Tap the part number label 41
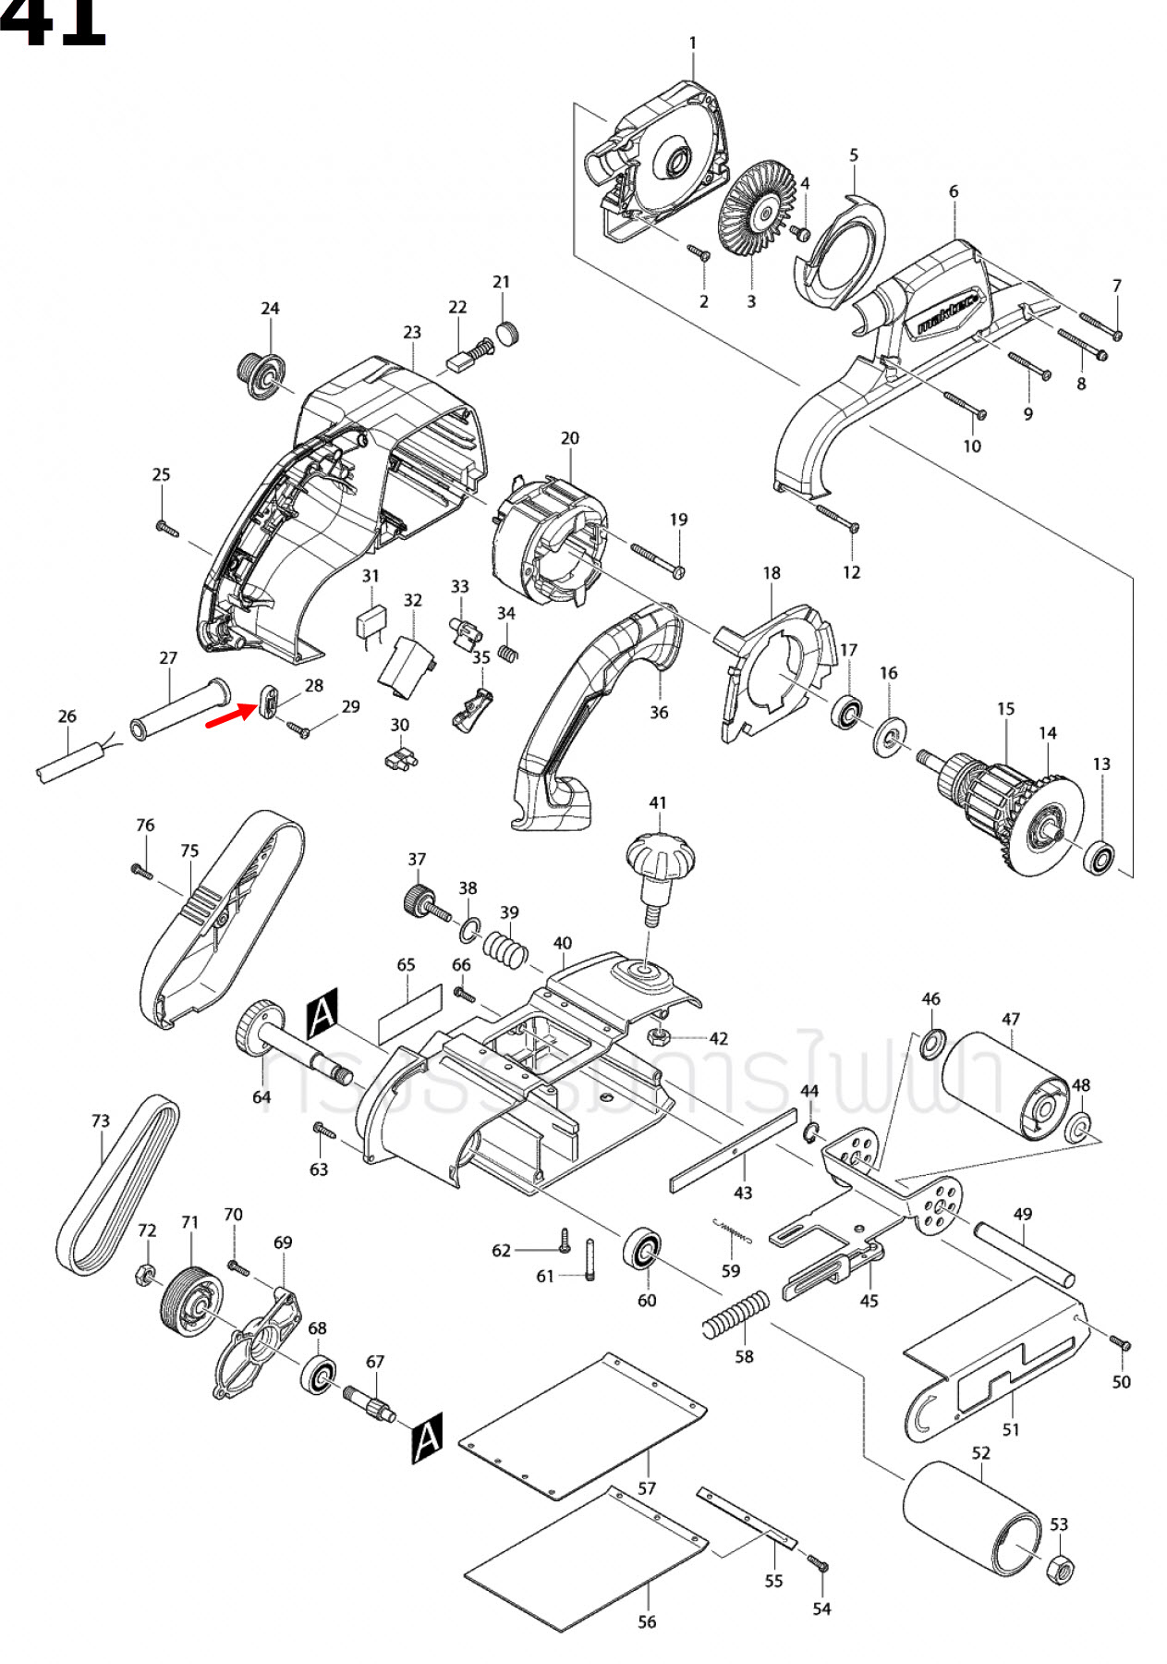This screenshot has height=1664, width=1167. click(657, 802)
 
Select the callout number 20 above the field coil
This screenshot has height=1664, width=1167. click(570, 437)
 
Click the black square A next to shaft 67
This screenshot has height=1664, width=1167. click(427, 1438)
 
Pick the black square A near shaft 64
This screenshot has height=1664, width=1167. click(322, 1013)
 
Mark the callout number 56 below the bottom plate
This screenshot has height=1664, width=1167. click(647, 1621)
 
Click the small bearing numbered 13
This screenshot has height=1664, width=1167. click(1100, 858)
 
